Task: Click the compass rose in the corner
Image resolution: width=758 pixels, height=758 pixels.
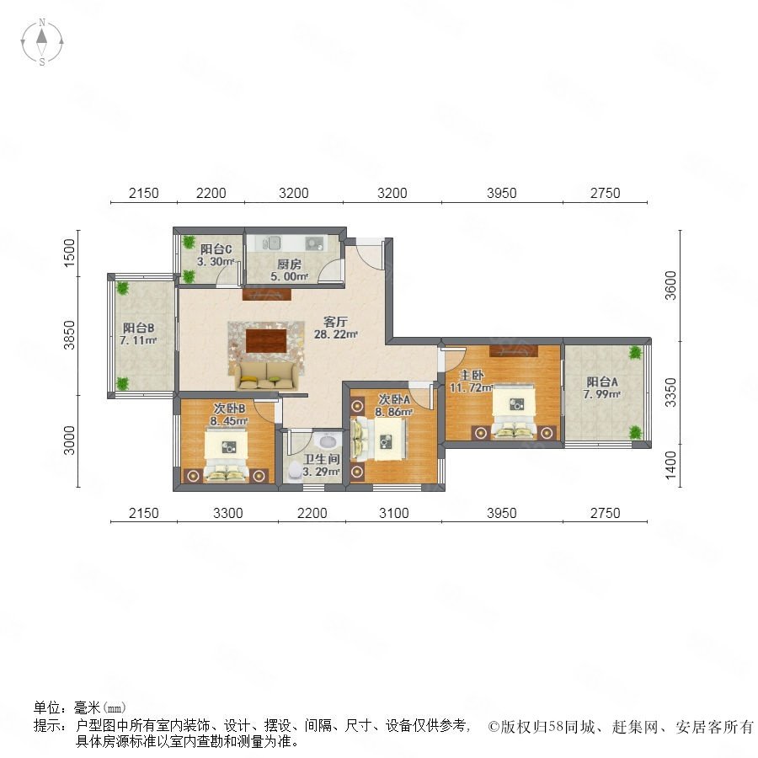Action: (42, 42)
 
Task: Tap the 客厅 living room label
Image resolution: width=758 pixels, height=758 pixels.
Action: (335, 322)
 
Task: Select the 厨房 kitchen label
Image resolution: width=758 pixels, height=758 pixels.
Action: (289, 264)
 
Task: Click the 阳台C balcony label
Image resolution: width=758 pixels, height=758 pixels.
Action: (216, 249)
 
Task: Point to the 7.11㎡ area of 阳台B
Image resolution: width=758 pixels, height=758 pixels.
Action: (138, 340)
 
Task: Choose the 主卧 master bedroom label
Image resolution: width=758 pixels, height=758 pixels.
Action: (472, 375)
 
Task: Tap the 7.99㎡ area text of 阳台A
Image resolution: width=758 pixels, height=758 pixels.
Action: (601, 394)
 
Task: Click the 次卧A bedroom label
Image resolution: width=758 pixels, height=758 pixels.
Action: (394, 399)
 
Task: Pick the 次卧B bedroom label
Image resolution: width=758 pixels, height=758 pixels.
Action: (229, 408)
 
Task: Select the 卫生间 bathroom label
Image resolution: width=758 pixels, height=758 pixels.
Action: (322, 459)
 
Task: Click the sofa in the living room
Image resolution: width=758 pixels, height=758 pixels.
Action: (266, 375)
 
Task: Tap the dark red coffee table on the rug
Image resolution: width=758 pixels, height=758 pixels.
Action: (266, 340)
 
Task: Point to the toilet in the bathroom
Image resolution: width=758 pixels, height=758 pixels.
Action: (295, 472)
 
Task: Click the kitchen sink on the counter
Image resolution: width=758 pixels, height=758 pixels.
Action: (272, 243)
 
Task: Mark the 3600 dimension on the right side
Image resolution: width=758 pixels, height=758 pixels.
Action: (670, 286)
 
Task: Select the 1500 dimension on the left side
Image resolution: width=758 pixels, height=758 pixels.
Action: (70, 253)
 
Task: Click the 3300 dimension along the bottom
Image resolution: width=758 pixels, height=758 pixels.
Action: (227, 513)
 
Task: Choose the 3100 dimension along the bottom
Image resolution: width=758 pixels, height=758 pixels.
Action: (393, 513)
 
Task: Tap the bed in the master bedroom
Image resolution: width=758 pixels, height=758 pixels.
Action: (514, 411)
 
